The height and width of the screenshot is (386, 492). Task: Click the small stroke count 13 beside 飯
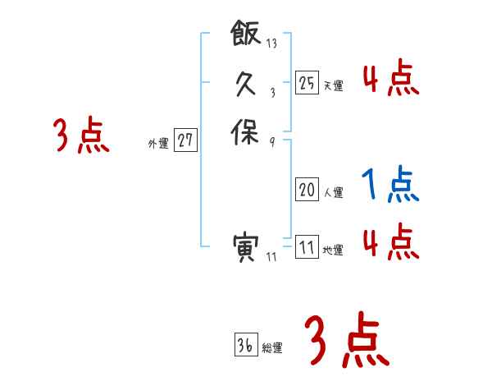click(x=271, y=44)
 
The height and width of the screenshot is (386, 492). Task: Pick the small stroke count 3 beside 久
click(x=271, y=93)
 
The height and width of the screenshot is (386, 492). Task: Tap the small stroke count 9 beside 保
click(x=271, y=140)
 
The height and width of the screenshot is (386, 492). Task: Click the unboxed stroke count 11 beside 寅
click(x=272, y=257)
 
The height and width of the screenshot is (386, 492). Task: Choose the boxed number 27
click(x=185, y=140)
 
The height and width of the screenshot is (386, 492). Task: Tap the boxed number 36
click(x=244, y=345)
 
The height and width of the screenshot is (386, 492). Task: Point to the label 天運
click(x=333, y=85)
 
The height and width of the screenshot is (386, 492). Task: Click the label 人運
click(x=333, y=193)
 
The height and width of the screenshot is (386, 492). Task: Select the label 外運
click(x=158, y=143)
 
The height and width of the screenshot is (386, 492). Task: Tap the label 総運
click(x=272, y=348)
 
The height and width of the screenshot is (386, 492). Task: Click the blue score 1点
click(x=390, y=185)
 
